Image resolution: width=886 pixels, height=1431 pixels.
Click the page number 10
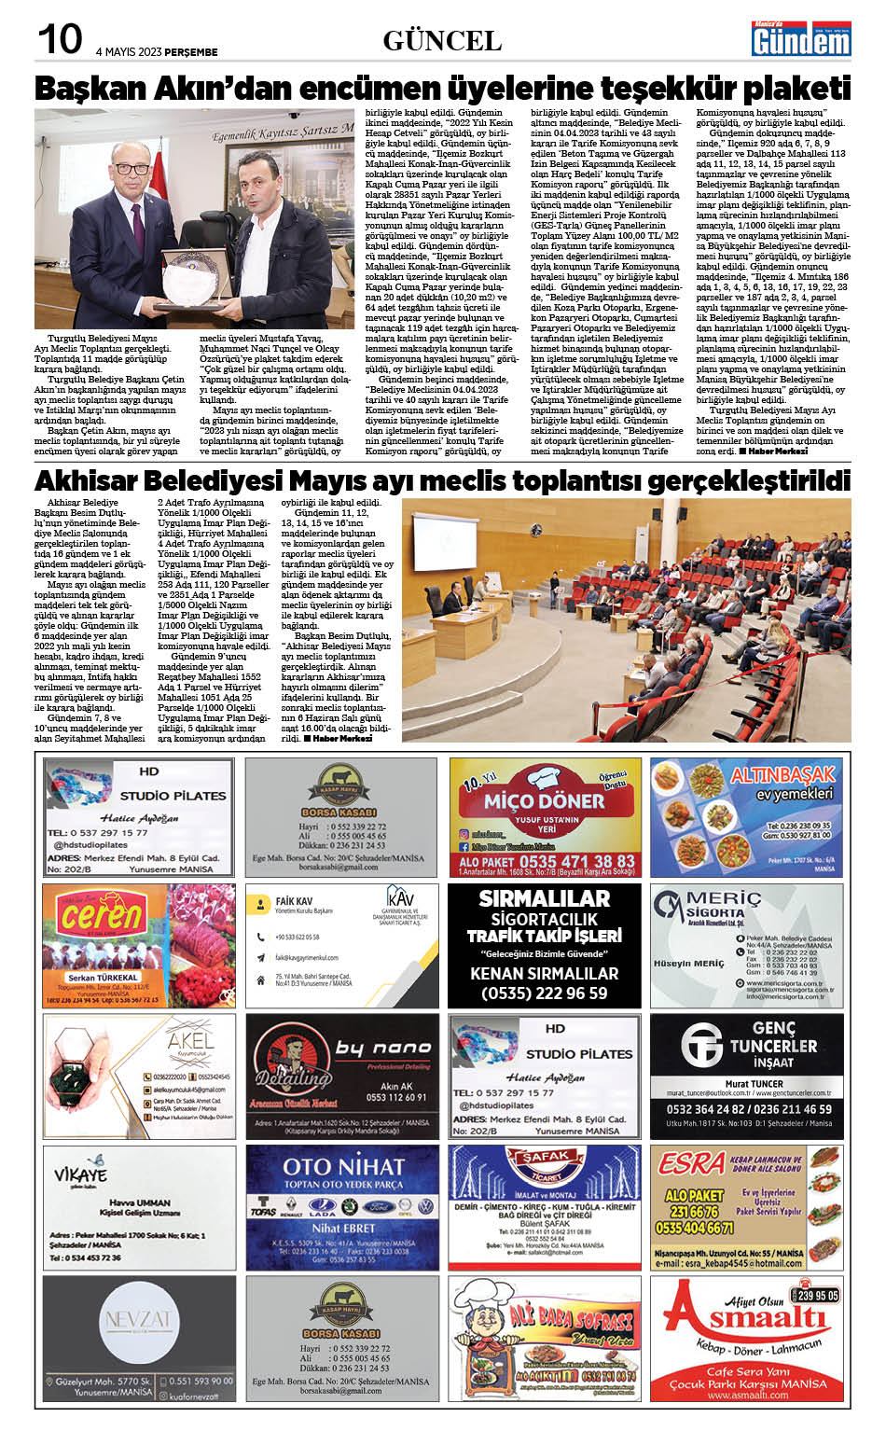click(59, 40)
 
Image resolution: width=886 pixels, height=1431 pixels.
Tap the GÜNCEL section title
click(442, 41)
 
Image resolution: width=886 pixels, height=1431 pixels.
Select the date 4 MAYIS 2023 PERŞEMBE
click(157, 52)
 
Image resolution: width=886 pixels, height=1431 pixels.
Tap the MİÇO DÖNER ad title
click(544, 800)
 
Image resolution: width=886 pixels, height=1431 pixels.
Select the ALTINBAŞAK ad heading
click(782, 775)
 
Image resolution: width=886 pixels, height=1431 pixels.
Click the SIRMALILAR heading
click(544, 898)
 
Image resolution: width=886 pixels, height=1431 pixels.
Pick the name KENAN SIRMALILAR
click(544, 973)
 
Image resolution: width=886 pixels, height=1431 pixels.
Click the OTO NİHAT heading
click(342, 1166)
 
